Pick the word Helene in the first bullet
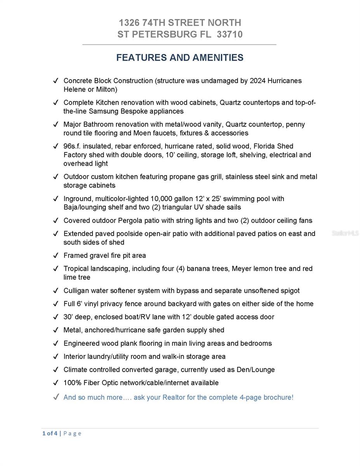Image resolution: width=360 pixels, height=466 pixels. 74,90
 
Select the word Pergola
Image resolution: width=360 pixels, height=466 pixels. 130,221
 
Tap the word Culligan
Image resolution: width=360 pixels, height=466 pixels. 76,291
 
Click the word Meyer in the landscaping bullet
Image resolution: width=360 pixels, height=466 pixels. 242,269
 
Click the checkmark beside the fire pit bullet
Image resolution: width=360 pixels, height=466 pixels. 56,256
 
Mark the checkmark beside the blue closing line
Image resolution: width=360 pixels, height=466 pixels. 56,397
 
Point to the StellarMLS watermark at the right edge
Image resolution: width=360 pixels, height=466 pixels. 345,233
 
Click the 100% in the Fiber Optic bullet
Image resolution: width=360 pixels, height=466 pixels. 72,383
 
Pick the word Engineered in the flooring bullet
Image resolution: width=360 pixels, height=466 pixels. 82,343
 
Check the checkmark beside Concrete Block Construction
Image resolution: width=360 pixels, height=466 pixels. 56,81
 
